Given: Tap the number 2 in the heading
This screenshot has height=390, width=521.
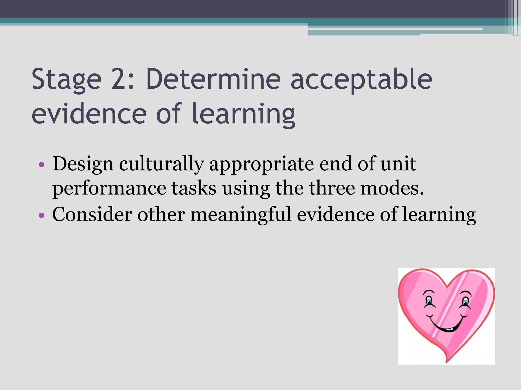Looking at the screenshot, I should click(120, 79).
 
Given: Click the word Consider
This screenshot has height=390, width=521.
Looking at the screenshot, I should click(92, 215).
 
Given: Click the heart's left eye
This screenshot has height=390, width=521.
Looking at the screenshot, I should click(429, 301).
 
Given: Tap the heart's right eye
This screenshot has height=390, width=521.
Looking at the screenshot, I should click(465, 301).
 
